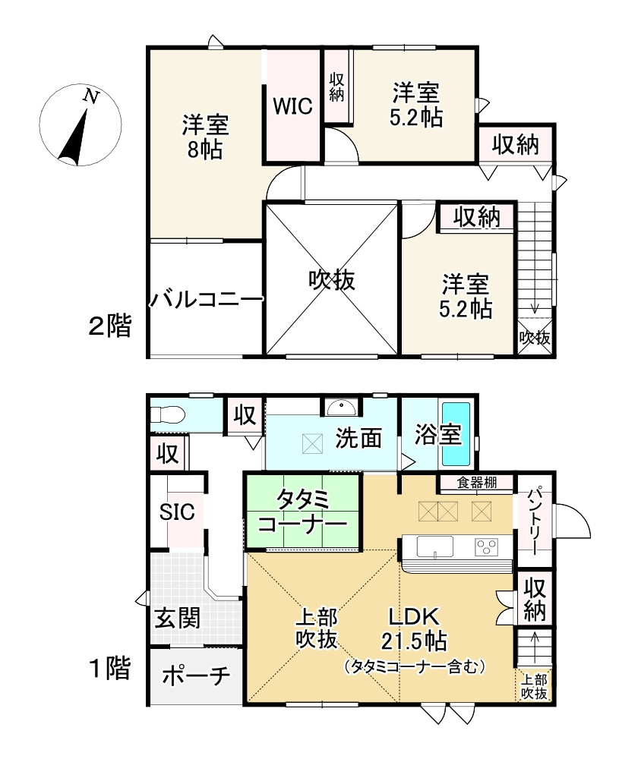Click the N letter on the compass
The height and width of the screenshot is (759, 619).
tap(90, 96)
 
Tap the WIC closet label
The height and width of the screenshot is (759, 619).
tap(292, 106)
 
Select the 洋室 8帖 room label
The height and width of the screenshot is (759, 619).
tap(205, 137)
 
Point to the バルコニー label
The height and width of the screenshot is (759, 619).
tap(205, 300)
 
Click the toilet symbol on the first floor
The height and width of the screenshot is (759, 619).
tap(166, 415)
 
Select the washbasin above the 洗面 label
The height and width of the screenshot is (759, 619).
tap(342, 408)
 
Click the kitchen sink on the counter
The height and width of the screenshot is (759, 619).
tap(435, 547)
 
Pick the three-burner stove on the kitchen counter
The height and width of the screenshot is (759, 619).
tap(487, 547)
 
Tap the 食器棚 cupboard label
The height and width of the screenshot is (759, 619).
tap(477, 483)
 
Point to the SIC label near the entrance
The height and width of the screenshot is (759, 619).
tap(177, 512)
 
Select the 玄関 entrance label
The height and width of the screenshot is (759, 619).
tap(177, 618)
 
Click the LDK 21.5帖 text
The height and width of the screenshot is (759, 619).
tap(414, 628)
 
